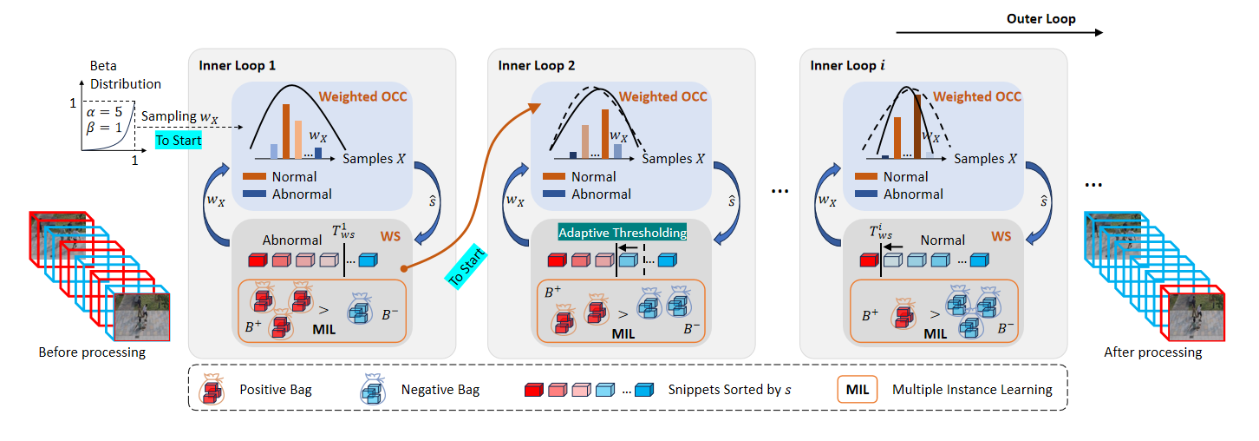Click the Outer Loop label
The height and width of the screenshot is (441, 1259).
[1040, 18]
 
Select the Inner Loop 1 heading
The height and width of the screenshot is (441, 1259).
[238, 65]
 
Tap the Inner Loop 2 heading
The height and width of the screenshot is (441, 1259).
[537, 65]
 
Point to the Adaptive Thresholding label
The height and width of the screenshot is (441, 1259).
[622, 233]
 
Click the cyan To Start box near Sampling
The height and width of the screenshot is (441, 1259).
[179, 140]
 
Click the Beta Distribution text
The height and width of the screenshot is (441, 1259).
[126, 76]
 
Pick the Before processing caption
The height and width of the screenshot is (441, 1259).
[92, 352]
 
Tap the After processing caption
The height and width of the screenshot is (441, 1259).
[1152, 352]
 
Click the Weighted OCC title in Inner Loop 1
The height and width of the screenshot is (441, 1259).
[362, 95]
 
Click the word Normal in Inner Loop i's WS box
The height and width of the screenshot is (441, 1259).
[943, 240]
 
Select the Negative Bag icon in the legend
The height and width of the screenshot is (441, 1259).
[375, 390]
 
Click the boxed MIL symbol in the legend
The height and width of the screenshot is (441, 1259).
[858, 389]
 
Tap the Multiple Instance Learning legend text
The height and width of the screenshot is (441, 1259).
[972, 390]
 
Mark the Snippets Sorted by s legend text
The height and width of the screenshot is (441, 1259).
[728, 390]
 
